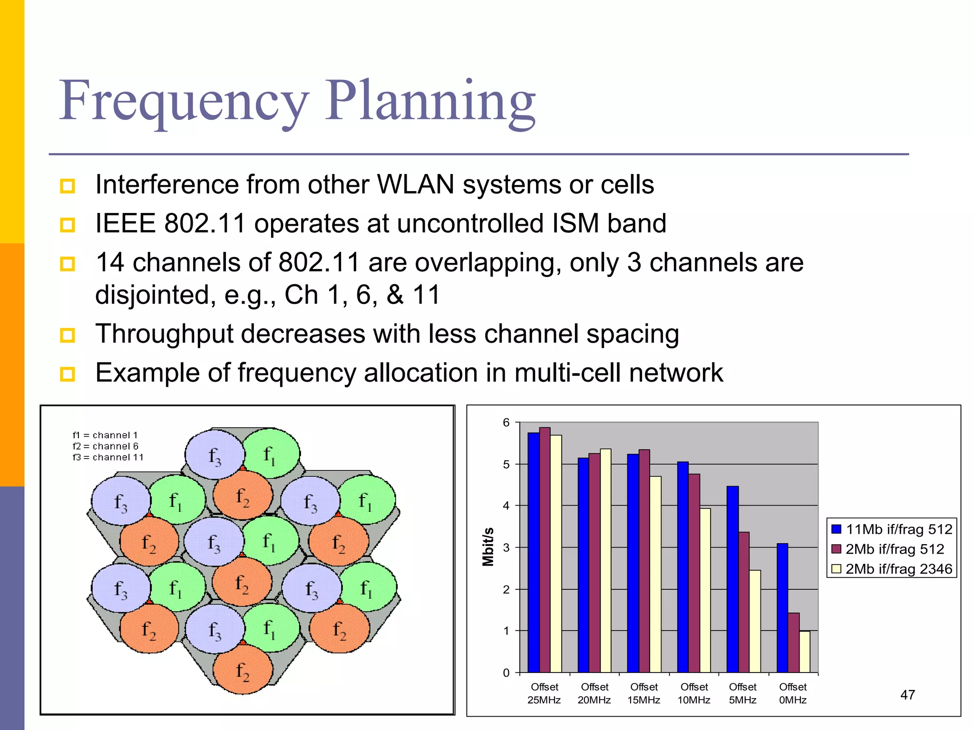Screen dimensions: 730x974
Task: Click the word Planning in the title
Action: pos(430,102)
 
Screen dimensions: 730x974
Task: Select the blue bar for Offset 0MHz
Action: pos(782,608)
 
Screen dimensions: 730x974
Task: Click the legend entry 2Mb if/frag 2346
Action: pos(898,569)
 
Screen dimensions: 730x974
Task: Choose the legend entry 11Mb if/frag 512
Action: pos(898,529)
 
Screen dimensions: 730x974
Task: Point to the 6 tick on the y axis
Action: pos(506,423)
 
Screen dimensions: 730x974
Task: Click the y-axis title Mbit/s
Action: pos(488,547)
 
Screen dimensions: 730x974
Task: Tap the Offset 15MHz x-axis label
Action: pos(643,693)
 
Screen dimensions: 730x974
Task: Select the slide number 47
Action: pos(907,695)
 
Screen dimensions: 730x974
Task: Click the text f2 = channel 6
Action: pos(105,446)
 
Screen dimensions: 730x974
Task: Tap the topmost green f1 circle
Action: pos(271,454)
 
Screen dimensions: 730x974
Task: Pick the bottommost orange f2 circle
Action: pos(243,670)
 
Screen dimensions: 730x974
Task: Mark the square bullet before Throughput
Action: pos(68,335)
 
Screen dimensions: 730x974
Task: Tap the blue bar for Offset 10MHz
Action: pos(682,567)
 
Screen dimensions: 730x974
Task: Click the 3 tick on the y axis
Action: pos(506,547)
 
